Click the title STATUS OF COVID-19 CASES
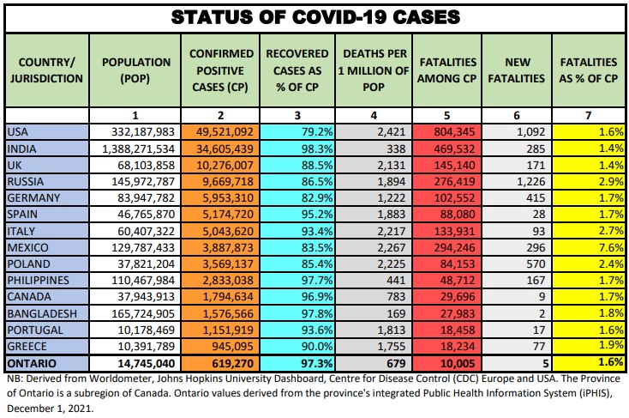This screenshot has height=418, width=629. tap(314, 17)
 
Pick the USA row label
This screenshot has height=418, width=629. tap(18, 131)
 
